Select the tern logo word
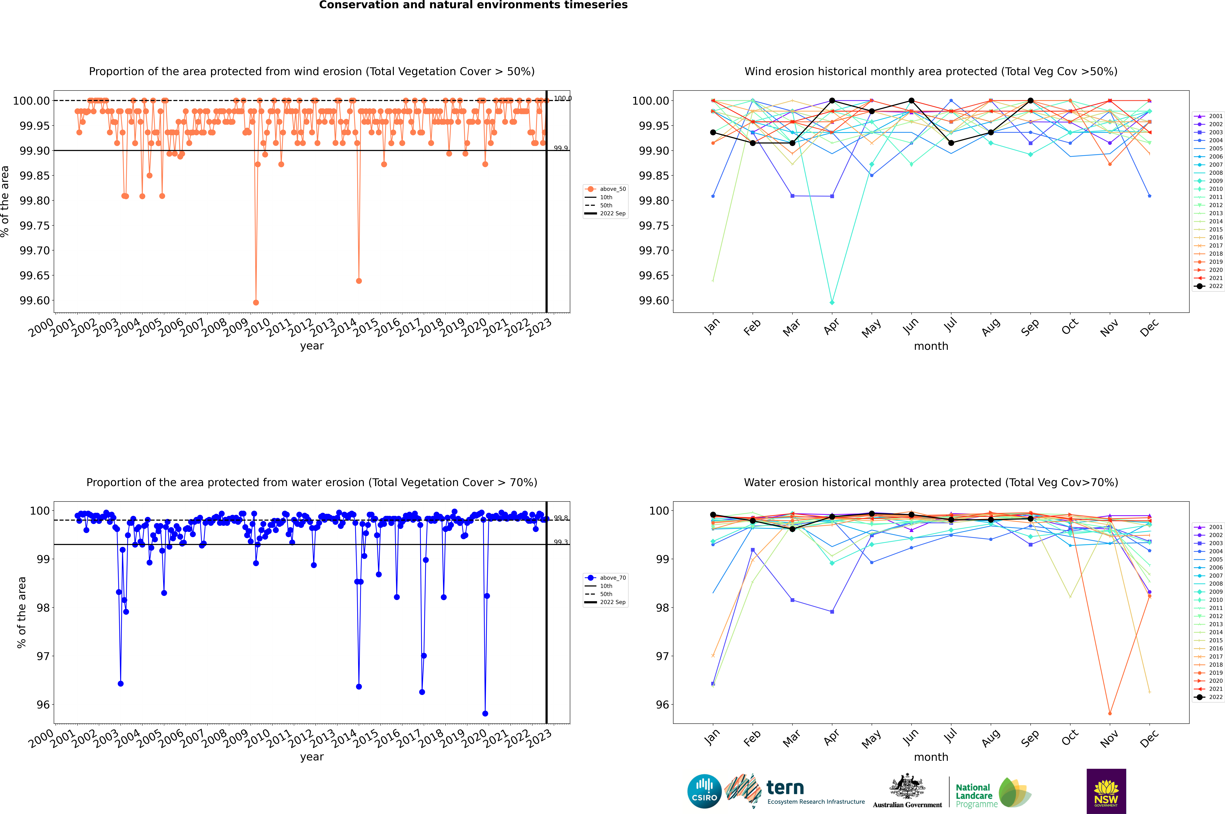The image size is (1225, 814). click(x=785, y=788)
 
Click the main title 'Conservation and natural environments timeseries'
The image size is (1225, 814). click(x=473, y=5)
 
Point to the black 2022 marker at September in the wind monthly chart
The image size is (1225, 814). click(x=1030, y=101)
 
